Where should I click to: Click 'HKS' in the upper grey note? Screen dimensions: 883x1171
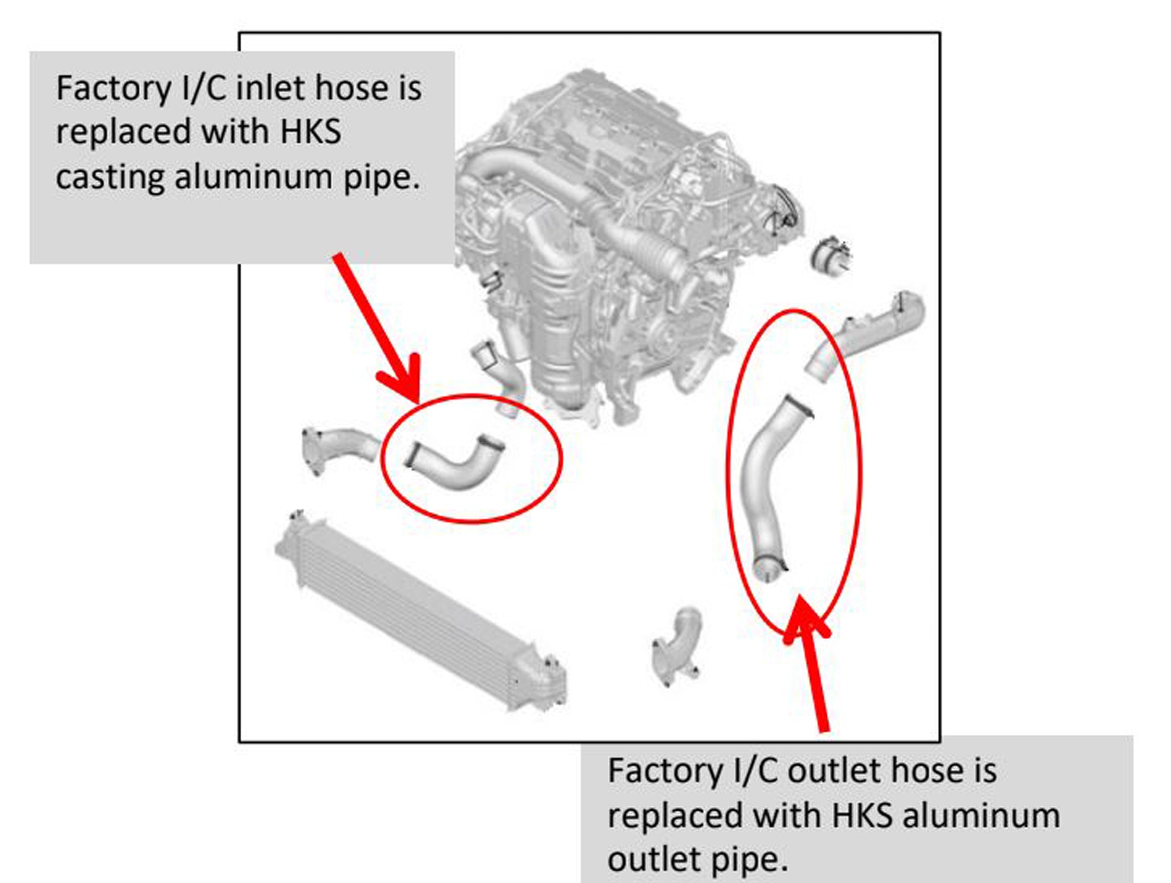(311, 132)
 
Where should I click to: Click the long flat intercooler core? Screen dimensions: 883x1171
(415, 608)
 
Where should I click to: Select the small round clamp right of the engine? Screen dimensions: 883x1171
(832, 255)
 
